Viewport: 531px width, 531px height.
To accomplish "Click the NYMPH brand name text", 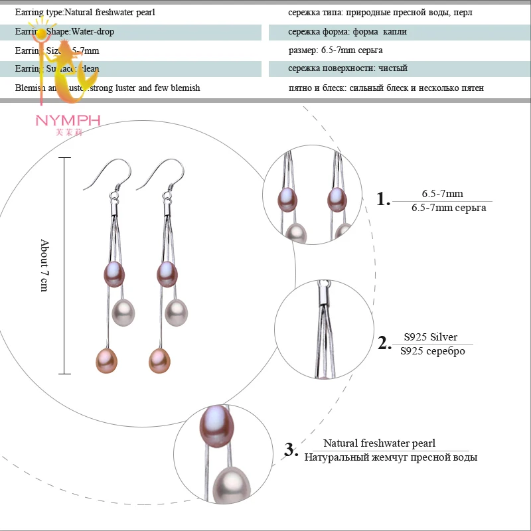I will click(68, 120).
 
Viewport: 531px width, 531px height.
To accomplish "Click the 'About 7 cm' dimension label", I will click(44, 265).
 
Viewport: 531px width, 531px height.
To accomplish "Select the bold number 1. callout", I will click(383, 199).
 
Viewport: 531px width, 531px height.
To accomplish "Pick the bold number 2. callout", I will click(384, 343).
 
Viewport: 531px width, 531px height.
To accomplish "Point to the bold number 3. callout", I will click(291, 449).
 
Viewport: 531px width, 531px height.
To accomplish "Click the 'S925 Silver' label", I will click(430, 337).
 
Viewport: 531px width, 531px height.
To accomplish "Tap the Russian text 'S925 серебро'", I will click(433, 351).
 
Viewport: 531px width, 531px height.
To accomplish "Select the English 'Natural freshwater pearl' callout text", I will click(379, 443).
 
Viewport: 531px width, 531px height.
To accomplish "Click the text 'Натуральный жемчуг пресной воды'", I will click(390, 457).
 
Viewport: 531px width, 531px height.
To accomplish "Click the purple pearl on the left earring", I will click(113, 273).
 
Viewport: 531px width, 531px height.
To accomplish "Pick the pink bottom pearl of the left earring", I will click(106, 359).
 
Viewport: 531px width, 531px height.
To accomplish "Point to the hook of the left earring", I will click(105, 174).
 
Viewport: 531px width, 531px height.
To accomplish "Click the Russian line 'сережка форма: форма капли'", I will click(347, 32).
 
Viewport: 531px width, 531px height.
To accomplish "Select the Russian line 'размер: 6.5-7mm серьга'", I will click(335, 50).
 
